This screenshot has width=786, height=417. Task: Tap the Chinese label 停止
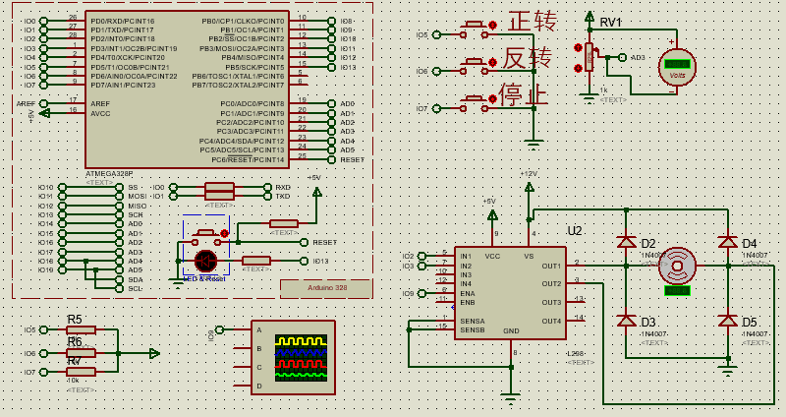[523, 95]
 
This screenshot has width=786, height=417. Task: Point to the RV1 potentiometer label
[610, 23]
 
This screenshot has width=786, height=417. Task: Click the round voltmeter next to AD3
[676, 66]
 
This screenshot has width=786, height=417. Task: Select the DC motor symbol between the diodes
[677, 266]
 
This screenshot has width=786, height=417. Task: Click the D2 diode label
[648, 243]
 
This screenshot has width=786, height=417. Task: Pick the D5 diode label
[750, 322]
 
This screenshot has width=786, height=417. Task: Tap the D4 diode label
[750, 243]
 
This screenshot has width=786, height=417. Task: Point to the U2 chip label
[574, 231]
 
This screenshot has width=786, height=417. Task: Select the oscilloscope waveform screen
[303, 356]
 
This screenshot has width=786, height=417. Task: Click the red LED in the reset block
[205, 261]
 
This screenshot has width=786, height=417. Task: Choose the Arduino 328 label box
[326, 288]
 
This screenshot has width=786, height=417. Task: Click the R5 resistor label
[75, 319]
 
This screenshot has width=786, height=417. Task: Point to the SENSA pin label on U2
[472, 321]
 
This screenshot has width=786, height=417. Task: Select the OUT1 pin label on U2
[550, 266]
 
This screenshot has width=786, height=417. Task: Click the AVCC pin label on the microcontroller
[100, 113]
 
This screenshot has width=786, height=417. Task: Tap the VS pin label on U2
[529, 256]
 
